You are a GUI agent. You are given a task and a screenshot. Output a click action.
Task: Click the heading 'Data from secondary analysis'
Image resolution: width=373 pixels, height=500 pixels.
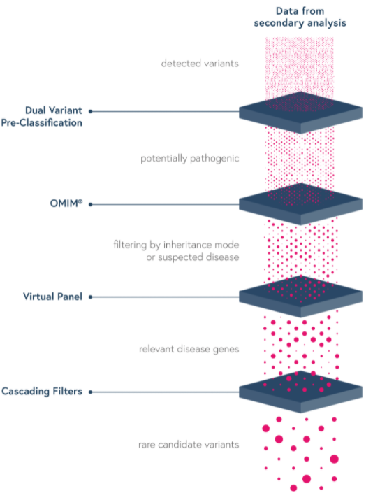click(300, 17)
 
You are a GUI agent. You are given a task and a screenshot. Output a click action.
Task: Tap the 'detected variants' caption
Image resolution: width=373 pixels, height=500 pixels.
click(200, 63)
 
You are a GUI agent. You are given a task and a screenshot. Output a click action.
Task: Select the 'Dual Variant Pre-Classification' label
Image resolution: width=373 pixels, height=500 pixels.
click(42, 116)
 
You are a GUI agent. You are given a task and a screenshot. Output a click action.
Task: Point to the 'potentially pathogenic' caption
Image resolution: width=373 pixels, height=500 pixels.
click(189, 159)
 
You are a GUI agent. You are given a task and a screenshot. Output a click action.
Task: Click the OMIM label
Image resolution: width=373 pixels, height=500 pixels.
click(66, 203)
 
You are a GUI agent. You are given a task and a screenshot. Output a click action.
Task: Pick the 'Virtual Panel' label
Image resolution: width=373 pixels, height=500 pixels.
click(52, 297)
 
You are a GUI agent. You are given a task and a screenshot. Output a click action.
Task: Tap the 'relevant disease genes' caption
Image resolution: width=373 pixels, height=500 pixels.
click(189, 349)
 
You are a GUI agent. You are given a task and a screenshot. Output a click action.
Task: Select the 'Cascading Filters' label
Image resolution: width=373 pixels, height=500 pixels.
click(42, 391)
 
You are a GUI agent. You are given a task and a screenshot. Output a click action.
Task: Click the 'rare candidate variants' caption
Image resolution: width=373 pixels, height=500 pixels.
click(189, 444)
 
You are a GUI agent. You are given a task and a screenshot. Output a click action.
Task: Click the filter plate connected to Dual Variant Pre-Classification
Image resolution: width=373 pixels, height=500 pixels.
click(300, 113)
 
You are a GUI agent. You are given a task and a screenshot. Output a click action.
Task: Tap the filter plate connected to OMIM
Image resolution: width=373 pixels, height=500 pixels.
click(300, 204)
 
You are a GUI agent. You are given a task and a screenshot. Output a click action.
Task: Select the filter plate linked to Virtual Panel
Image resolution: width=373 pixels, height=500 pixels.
click(300, 297)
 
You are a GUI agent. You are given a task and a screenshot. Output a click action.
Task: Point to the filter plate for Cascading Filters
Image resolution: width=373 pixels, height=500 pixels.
click(300, 392)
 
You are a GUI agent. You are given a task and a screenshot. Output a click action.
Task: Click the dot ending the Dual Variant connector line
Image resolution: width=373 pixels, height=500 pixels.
click(91, 111)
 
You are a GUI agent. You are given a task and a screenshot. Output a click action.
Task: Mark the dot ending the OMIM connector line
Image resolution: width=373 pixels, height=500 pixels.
click(91, 204)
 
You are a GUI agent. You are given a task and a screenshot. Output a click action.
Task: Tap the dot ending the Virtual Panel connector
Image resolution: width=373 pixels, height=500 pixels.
click(91, 297)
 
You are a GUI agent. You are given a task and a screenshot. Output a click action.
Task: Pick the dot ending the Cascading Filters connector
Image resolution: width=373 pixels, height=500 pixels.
click(91, 392)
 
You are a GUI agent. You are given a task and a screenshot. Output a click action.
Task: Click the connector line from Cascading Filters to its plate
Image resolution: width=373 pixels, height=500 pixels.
click(166, 392)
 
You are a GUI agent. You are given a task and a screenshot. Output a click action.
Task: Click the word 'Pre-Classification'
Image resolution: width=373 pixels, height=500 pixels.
click(42, 123)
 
